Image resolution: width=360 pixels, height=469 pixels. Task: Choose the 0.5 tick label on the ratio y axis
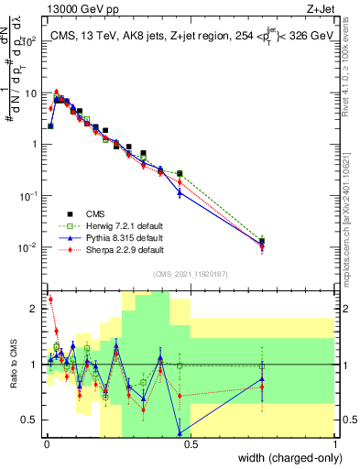click(x=29, y=420)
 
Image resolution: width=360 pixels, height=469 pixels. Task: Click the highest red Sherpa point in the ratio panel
click(x=50, y=300)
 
